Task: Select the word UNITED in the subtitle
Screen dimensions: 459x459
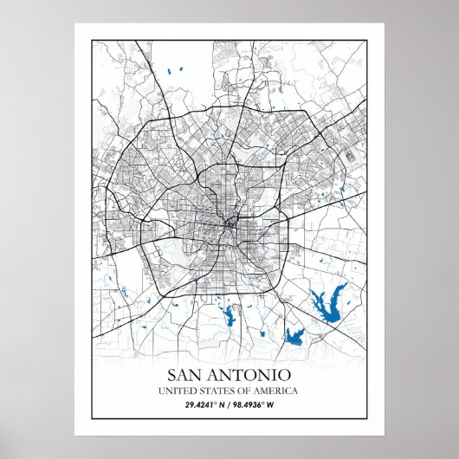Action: pyautogui.click(x=174, y=391)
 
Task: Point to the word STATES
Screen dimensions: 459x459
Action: pyautogui.click(x=213, y=391)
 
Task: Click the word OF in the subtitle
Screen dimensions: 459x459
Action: pyautogui.click(x=243, y=391)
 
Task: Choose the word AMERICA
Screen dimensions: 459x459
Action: pyautogui.click(x=276, y=391)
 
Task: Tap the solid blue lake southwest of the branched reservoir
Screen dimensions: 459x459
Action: pyautogui.click(x=294, y=337)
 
